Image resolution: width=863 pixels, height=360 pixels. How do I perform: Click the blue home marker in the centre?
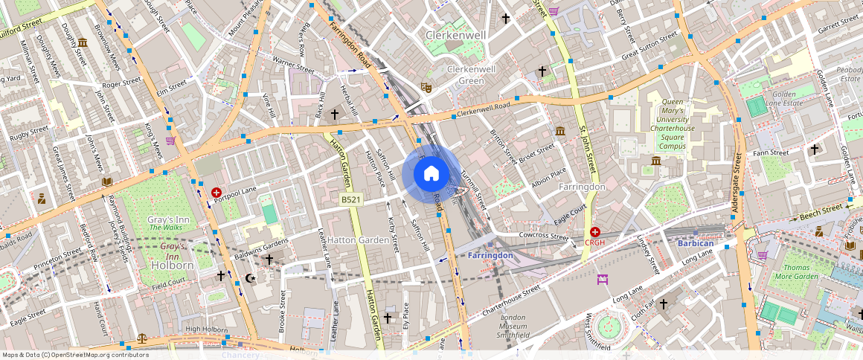[431, 174]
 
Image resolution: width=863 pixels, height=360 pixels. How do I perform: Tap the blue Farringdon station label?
[491, 256]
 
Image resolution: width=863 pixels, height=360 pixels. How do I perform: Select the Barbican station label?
[696, 243]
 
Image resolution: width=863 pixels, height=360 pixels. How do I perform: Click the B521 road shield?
[351, 199]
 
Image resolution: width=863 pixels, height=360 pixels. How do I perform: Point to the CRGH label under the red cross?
[594, 242]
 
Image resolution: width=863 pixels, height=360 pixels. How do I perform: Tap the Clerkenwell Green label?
[466, 74]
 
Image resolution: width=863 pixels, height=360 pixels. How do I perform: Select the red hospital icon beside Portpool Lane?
[216, 192]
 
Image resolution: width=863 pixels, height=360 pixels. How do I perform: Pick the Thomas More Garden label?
[801, 272]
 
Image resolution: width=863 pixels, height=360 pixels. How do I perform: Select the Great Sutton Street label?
[649, 45]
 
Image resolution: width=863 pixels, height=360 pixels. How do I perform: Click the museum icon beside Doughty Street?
[82, 42]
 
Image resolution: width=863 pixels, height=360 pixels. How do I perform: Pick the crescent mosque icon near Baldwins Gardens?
[250, 278]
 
